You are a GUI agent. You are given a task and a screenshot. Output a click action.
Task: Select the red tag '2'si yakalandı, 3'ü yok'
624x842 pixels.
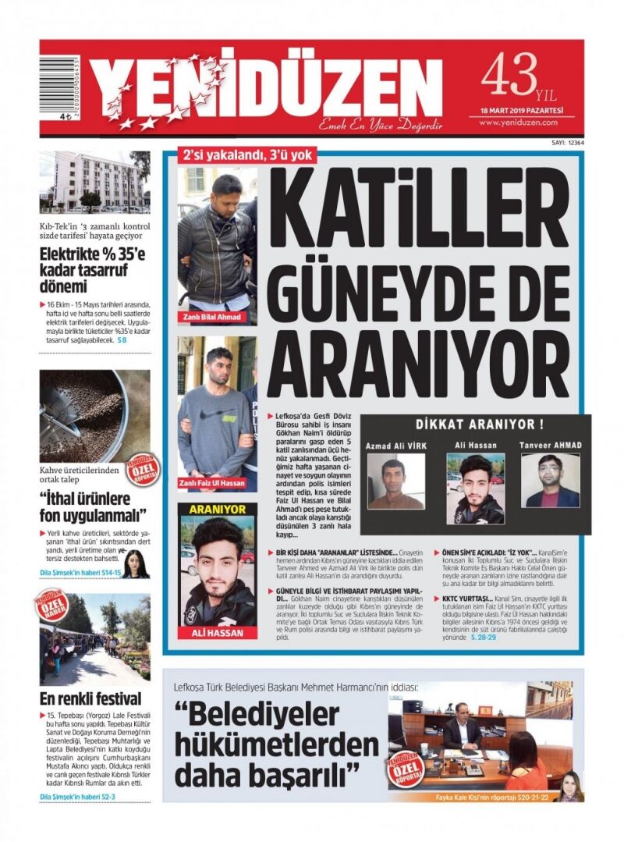[x=247, y=155]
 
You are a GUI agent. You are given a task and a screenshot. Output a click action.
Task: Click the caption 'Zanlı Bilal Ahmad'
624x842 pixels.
[x=212, y=317]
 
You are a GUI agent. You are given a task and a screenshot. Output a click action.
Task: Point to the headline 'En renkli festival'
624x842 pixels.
[x=90, y=698]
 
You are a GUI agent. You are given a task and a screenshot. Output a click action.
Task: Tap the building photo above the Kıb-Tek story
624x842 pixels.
[x=94, y=182]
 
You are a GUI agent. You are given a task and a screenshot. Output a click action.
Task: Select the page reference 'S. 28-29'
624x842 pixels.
[x=488, y=638]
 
